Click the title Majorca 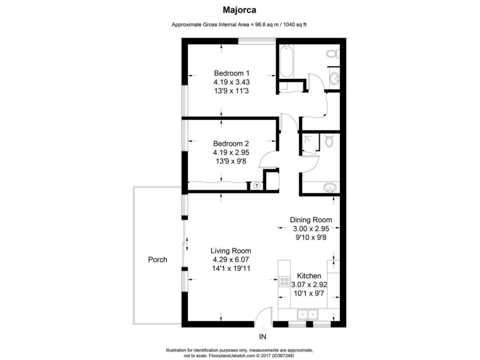239,10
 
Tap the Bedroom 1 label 231,73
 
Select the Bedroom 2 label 231,143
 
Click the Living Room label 231,251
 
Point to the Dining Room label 311,220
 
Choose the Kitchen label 309,276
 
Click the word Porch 158,259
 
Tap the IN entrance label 263,337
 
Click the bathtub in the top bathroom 287,62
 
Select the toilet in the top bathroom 333,54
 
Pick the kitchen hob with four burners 285,282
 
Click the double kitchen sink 307,314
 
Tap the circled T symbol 257,186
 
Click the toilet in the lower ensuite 329,141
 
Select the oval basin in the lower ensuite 330,187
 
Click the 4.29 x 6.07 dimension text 231,259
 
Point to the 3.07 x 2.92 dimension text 309,285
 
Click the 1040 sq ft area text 295,25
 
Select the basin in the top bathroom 334,78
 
